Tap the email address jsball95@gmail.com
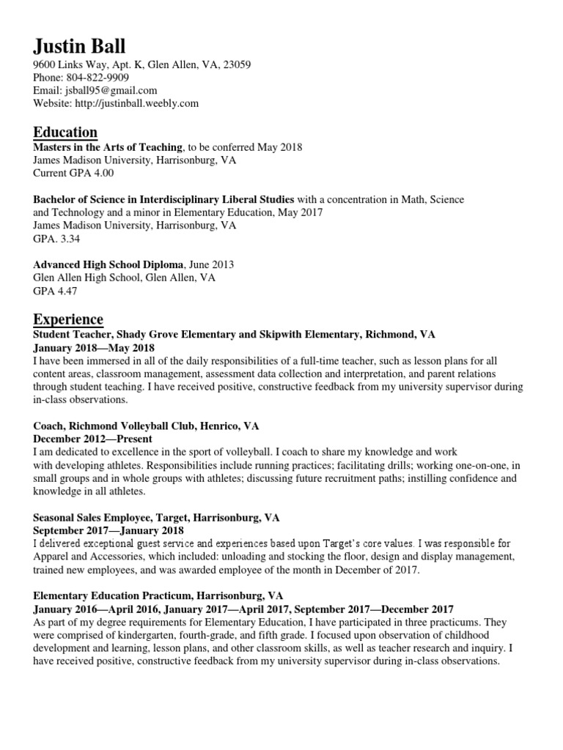[x=111, y=90]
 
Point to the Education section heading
[x=65, y=133]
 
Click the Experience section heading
[x=68, y=319]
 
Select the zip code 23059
[x=236, y=64]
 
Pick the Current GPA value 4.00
[x=102, y=174]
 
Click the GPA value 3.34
[x=66, y=239]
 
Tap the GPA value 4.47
[x=66, y=291]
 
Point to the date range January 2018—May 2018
[x=94, y=347]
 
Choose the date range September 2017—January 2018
[x=108, y=530]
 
